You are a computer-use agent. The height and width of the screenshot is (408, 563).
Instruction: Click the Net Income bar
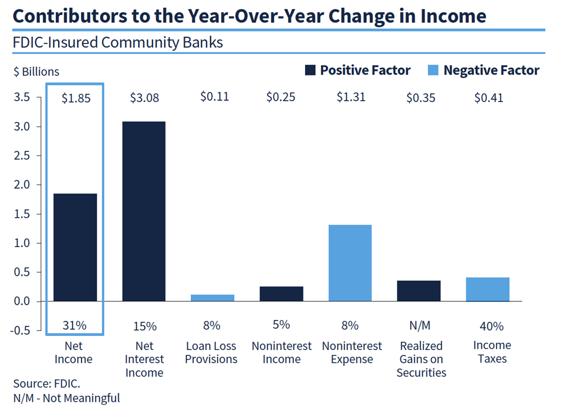tap(75, 248)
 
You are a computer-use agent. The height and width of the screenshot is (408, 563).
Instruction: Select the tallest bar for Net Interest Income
tap(144, 211)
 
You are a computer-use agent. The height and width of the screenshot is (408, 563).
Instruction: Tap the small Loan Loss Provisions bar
tap(212, 298)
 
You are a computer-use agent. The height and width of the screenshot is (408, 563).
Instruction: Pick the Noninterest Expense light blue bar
tap(350, 263)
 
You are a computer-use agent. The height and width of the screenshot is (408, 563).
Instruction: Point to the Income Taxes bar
tap(488, 289)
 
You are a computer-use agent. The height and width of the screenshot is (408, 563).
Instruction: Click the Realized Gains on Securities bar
tap(419, 290)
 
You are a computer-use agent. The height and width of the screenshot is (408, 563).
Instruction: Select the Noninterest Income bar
tap(281, 294)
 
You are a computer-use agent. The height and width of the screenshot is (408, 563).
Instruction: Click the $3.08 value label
tap(144, 98)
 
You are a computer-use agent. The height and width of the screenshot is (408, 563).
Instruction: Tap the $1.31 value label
tap(351, 97)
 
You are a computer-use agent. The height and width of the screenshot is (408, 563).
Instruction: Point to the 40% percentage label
tap(488, 326)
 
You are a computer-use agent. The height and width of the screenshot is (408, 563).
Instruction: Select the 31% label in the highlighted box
tap(75, 325)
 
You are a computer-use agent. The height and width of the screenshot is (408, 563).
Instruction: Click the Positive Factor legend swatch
tap(310, 70)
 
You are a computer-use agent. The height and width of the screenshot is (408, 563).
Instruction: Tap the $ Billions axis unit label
tap(36, 71)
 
